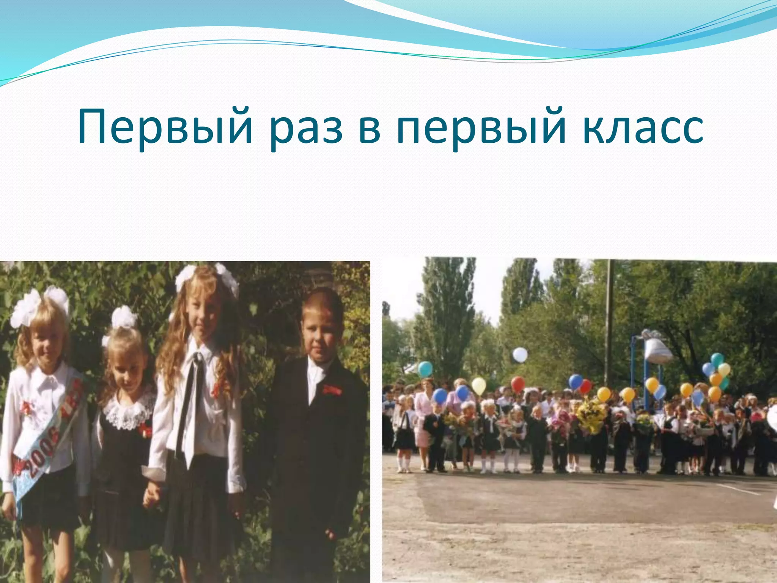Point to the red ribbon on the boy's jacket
coord(332,390)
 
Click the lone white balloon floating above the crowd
coord(520,355)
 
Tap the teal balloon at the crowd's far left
coord(425,369)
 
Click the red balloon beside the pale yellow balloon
coord(517,384)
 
